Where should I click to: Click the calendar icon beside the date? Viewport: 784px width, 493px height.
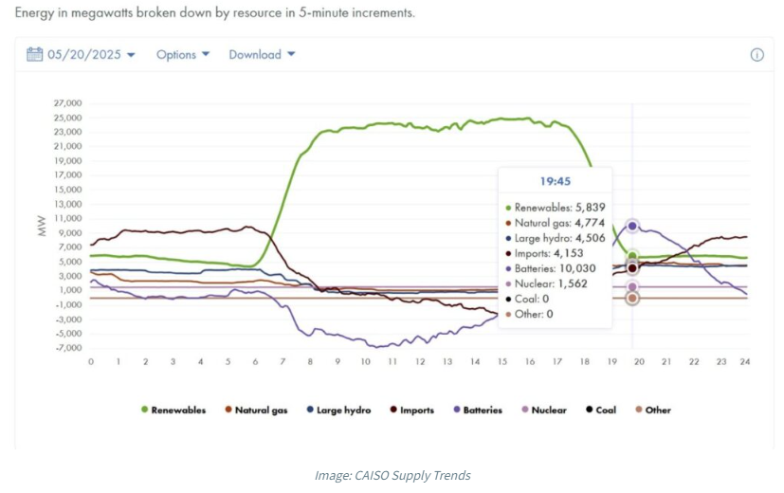pos(35,54)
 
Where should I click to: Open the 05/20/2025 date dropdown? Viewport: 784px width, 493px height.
pos(89,55)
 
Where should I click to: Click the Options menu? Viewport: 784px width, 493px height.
pos(181,55)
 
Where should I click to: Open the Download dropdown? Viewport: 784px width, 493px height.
pos(262,55)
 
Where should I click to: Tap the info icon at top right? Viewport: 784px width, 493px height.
pos(757,55)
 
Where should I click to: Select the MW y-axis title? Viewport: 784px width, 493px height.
pos(41,227)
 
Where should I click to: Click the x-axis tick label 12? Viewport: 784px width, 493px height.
pos(419,362)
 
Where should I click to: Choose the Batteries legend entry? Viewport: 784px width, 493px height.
pos(477,411)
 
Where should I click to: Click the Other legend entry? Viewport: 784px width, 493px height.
pos(651,411)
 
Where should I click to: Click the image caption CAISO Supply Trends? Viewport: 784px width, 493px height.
pos(392,475)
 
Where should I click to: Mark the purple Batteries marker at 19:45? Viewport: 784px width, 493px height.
pos(632,227)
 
